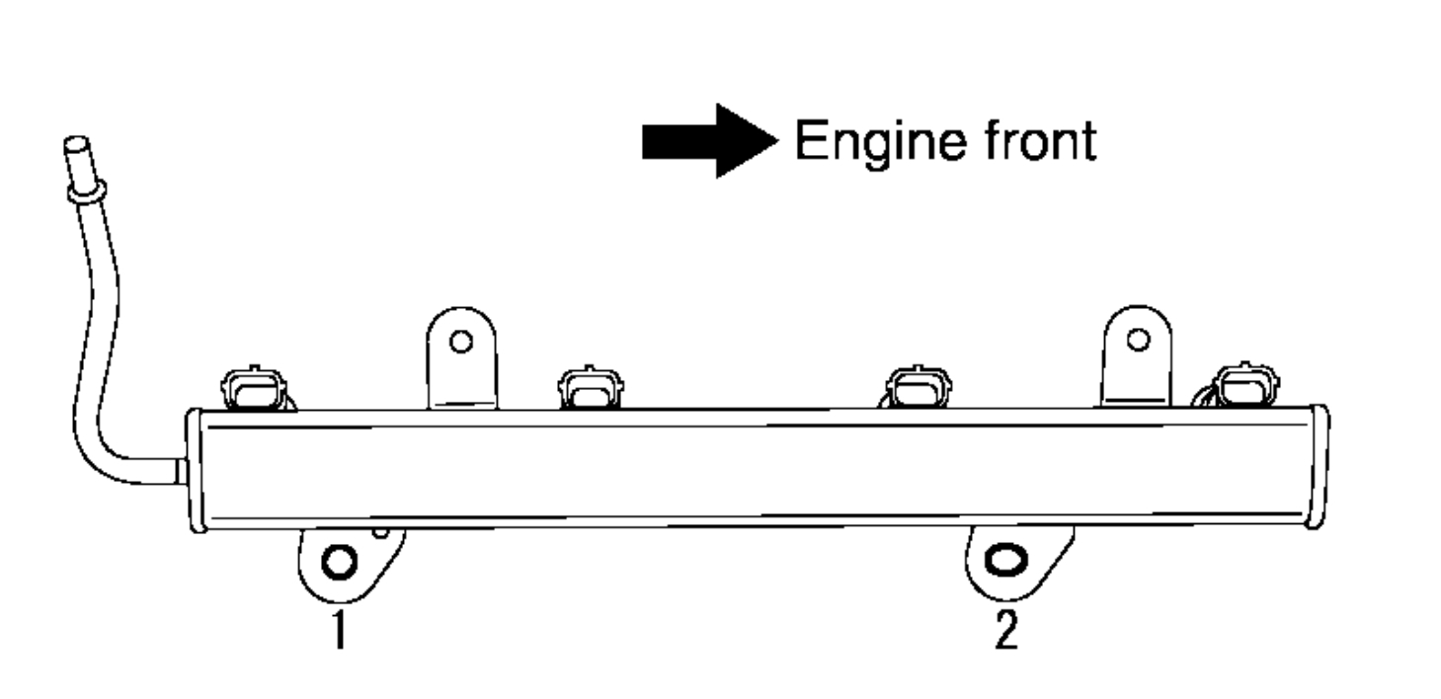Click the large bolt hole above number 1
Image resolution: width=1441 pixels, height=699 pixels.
coord(338,562)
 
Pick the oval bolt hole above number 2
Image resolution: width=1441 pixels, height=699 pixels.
coord(1005,559)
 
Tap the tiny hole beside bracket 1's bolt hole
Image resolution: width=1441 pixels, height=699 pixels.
coord(380,534)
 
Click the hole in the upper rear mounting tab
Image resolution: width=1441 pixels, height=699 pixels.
coord(458,342)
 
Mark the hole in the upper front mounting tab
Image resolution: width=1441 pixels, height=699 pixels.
coord(1137,340)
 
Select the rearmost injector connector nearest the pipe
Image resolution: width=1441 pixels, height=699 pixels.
coord(256,388)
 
